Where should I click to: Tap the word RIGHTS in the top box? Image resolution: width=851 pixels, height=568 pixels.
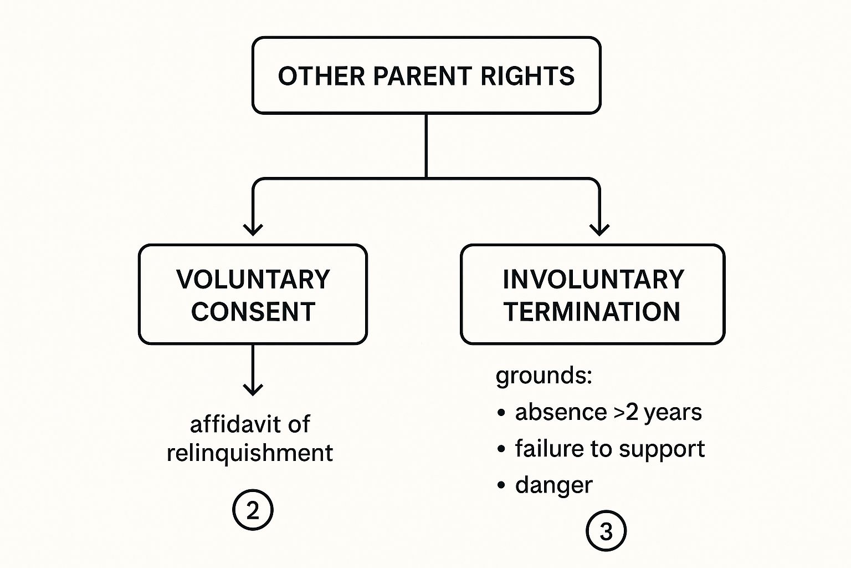coord(527,76)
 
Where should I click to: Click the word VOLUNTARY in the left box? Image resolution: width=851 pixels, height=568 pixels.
coord(253,279)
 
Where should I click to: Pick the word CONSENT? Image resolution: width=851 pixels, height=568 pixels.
coord(253,312)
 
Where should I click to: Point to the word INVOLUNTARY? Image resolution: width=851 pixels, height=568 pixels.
coord(593,279)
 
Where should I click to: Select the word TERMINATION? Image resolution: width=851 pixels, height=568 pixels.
coord(592,312)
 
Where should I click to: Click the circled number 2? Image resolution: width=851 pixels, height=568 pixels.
coord(253,510)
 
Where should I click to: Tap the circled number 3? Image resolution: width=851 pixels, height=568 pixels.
coord(606,531)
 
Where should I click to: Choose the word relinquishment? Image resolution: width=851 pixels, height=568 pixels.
coord(250,453)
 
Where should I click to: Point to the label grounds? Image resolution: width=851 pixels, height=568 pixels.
coord(544,376)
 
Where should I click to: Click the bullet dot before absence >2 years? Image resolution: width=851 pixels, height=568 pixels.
coord(501,413)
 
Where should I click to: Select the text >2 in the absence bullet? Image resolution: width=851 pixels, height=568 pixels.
coord(626,413)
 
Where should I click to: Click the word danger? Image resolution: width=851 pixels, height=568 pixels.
coord(553,485)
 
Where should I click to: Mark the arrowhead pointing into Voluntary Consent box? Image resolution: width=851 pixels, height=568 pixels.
coord(253,229)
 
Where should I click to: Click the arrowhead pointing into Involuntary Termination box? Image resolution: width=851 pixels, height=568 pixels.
coord(599,229)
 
